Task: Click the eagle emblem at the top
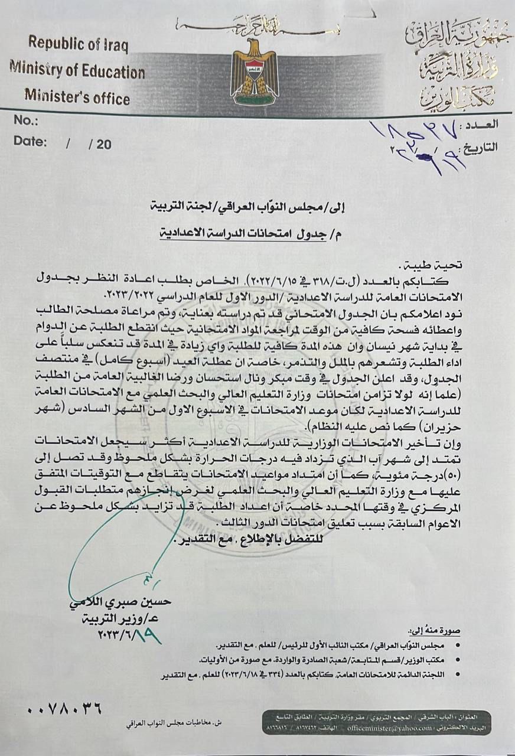[x=255, y=71]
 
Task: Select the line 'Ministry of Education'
[x=77, y=71]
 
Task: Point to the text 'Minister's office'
[x=77, y=96]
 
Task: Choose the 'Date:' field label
[x=29, y=142]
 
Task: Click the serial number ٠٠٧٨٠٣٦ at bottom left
[x=64, y=707]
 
